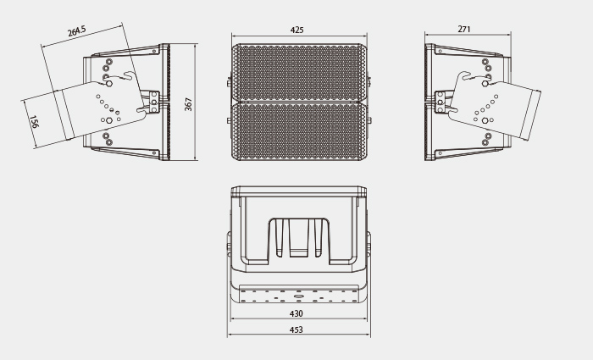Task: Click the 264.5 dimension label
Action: coord(77,31)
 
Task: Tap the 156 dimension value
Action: coord(34,122)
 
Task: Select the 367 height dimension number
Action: coord(188,104)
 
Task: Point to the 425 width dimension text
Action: coord(296,30)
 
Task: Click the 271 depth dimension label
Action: coord(464,29)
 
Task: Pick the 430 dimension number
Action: coord(296,313)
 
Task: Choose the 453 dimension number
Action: coord(296,330)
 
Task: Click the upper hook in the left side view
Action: coord(128,75)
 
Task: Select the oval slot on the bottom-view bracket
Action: coord(299,296)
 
